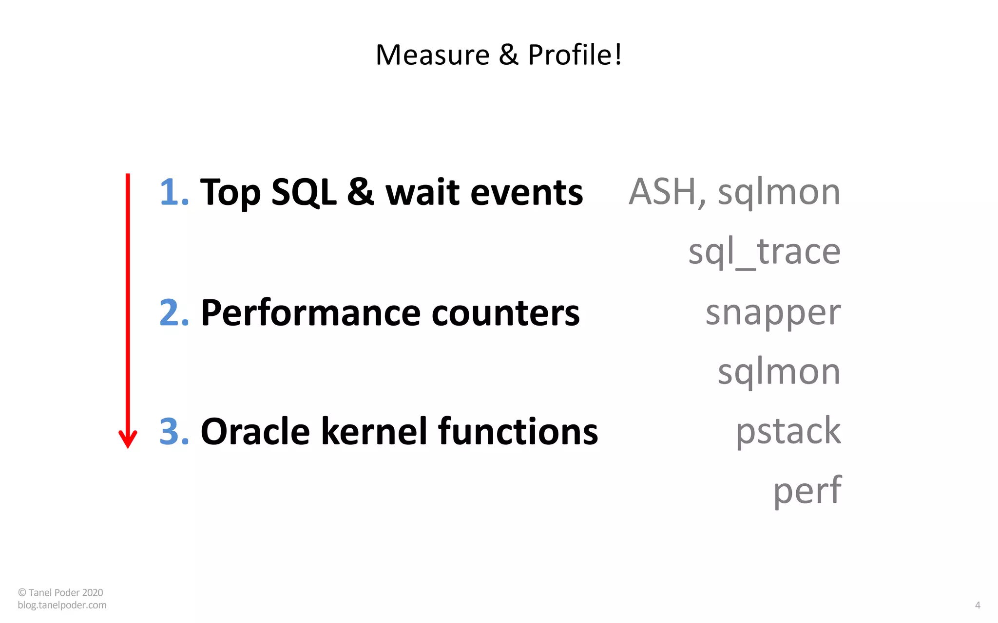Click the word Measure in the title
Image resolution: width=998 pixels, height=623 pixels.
(432, 55)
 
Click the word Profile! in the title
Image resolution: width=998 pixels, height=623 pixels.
(575, 55)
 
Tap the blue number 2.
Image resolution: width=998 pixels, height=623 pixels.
(173, 312)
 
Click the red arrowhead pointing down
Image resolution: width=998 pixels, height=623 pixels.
(128, 440)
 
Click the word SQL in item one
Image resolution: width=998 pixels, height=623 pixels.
(303, 192)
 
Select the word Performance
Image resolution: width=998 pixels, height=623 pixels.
(310, 312)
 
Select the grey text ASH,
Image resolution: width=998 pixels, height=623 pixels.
(667, 192)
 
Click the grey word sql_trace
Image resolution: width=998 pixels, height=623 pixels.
(764, 252)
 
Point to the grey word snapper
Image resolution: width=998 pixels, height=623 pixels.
(773, 313)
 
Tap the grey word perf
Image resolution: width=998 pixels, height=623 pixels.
(807, 491)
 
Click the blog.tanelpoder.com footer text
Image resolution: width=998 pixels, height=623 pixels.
(62, 605)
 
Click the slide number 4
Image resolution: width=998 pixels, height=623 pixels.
(977, 605)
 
